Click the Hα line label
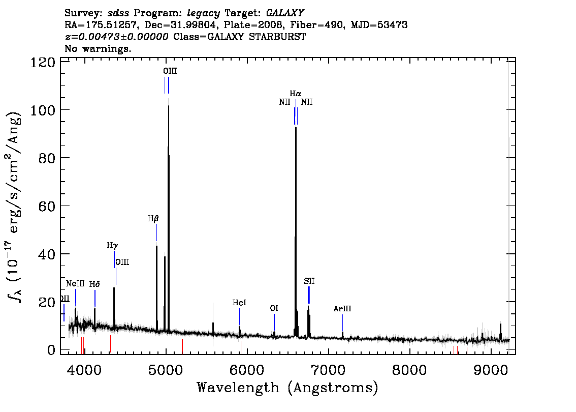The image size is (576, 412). pyautogui.click(x=295, y=94)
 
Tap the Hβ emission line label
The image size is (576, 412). pyautogui.click(x=153, y=219)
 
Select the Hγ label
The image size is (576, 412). pyautogui.click(x=112, y=245)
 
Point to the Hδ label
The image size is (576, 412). pyautogui.click(x=94, y=284)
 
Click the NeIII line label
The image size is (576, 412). pyautogui.click(x=75, y=284)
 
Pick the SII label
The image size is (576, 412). pyautogui.click(x=309, y=281)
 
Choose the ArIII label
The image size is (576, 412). pyautogui.click(x=342, y=309)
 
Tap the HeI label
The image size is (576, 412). pyautogui.click(x=239, y=302)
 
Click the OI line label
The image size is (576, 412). pyautogui.click(x=274, y=308)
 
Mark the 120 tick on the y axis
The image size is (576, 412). pyautogui.click(x=42, y=62)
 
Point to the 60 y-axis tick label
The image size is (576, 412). pyautogui.click(x=47, y=206)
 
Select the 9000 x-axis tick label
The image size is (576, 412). pyautogui.click(x=490, y=369)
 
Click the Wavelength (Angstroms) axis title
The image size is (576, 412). pyautogui.click(x=287, y=388)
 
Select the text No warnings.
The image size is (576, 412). pyautogui.click(x=98, y=48)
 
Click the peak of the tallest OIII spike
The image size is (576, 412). pyautogui.click(x=169, y=106)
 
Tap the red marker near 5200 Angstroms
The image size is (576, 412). pyautogui.click(x=182, y=346)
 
